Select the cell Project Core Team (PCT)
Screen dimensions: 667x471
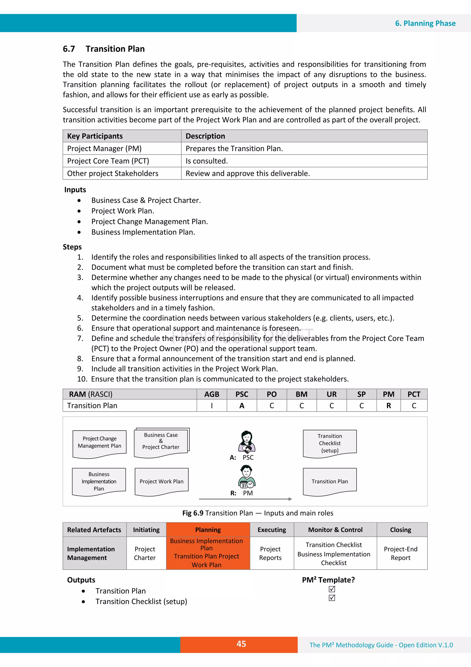pyautogui.click(x=108, y=161)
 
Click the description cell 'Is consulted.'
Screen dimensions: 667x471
pyautogui.click(x=207, y=161)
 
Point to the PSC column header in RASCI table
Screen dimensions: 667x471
pyautogui.click(x=241, y=394)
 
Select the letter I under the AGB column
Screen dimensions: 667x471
pyautogui.click(x=212, y=405)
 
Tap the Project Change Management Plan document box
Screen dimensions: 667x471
pyautogui.click(x=99, y=443)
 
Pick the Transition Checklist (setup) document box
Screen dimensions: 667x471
pyautogui.click(x=330, y=443)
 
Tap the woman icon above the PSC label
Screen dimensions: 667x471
pyautogui.click(x=247, y=442)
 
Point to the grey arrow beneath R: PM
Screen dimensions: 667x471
pyautogui.click(x=245, y=499)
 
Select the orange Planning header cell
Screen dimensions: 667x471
pyautogui.click(x=208, y=530)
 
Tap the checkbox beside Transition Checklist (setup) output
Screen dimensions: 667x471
pyautogui.click(x=332, y=598)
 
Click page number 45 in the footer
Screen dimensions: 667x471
pyautogui.click(x=241, y=644)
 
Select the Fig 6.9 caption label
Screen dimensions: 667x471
pyautogui.click(x=193, y=513)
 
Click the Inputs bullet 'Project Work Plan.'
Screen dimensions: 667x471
pyautogui.click(x=123, y=211)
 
